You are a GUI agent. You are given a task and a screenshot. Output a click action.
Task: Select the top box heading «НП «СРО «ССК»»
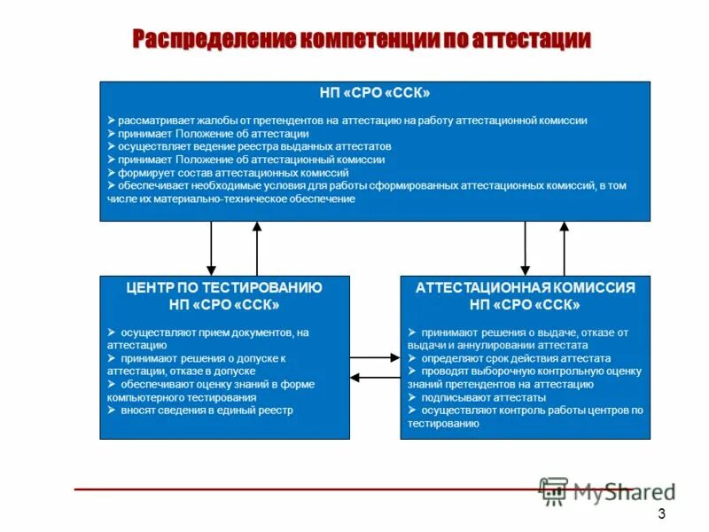[375, 92]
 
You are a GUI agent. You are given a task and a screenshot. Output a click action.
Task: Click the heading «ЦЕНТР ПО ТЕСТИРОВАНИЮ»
[224, 288]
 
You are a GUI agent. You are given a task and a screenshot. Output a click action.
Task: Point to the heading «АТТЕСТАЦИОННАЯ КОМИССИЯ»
[526, 288]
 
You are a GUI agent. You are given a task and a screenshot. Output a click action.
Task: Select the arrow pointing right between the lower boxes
[375, 358]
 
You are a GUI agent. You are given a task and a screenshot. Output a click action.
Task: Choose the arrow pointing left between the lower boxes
[375, 378]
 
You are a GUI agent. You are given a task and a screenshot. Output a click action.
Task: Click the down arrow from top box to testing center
[211, 248]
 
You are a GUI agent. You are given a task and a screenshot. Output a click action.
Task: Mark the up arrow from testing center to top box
[257, 248]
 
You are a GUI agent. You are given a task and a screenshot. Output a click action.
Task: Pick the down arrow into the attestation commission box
[526, 248]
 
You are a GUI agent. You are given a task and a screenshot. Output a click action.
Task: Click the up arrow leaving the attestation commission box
[565, 248]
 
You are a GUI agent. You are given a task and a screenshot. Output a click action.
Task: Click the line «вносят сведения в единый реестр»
[206, 411]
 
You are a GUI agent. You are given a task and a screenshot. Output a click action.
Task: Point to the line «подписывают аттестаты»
[471, 398]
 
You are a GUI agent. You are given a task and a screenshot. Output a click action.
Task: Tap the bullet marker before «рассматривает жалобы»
[111, 120]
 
